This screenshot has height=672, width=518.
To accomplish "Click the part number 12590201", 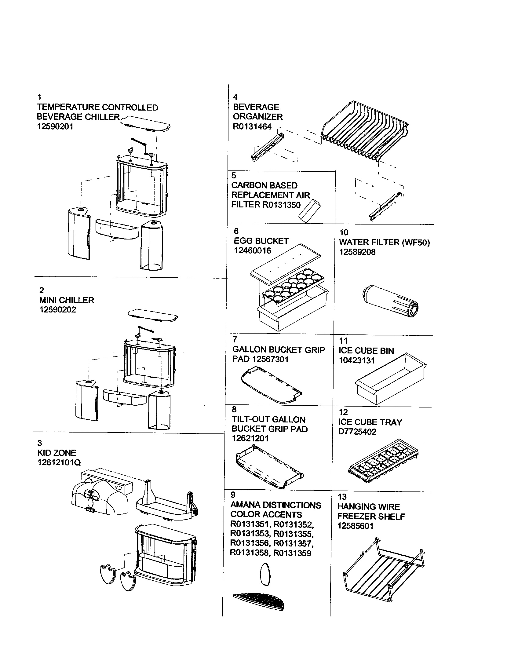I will [x=55, y=126].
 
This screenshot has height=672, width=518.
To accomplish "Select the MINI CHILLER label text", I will [x=67, y=300].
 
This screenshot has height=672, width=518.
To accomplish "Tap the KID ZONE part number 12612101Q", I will [x=59, y=462].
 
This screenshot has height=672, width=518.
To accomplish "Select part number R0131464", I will [x=252, y=126].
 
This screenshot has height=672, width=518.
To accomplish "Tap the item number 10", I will [x=343, y=232].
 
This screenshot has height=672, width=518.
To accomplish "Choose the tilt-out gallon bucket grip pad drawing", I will [x=269, y=468].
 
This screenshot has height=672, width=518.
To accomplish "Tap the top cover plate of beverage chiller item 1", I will [x=145, y=123].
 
